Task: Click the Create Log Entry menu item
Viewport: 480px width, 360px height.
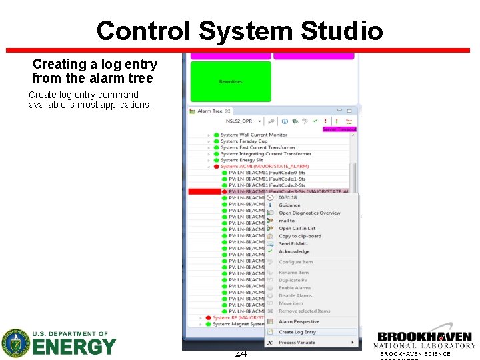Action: [x=297, y=332]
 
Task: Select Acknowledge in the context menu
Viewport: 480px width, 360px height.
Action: [x=294, y=251]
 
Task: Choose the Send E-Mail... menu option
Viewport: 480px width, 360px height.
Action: [x=294, y=244]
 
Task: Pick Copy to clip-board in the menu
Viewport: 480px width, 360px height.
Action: [x=299, y=236]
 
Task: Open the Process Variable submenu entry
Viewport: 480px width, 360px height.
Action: [x=297, y=343]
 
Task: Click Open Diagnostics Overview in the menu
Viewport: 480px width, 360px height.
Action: [x=309, y=213]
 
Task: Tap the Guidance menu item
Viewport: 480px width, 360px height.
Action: [x=289, y=205]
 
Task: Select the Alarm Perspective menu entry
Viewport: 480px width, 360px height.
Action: [x=299, y=321]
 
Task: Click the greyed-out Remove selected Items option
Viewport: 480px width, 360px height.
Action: [x=304, y=311]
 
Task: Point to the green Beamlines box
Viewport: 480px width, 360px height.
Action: [x=231, y=81]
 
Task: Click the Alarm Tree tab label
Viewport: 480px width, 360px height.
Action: [x=209, y=111]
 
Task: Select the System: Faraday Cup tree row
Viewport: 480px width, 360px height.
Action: [x=244, y=141]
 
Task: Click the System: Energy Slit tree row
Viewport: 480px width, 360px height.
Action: [x=241, y=160]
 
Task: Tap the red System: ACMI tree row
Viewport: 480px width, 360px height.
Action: [x=255, y=166]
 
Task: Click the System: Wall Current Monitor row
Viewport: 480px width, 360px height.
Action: [x=253, y=135]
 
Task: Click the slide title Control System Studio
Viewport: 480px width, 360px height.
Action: [x=239, y=31]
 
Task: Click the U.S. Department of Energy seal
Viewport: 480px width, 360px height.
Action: [x=16, y=343]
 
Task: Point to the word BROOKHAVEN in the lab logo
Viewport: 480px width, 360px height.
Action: [x=425, y=337]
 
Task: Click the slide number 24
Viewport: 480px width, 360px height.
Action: [x=241, y=353]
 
